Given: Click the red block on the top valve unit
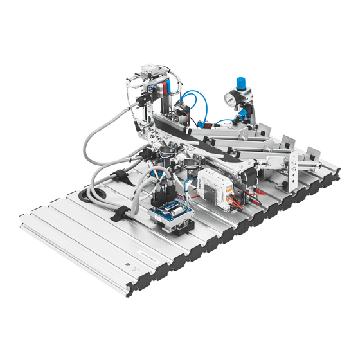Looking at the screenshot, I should click(169, 88).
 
